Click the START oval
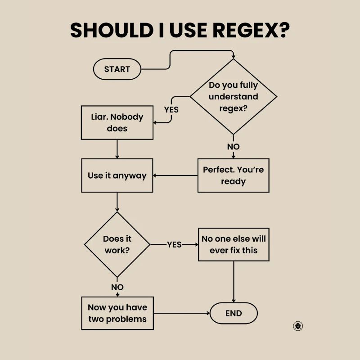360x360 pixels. pos(117,69)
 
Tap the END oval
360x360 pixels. pos(234,313)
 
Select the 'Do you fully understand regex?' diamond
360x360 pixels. pos(233,97)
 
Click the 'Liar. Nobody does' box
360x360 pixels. pos(117,122)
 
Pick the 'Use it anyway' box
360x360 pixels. pos(117,175)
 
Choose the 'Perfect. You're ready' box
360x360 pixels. pos(233,175)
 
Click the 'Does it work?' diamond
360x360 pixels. pos(117,244)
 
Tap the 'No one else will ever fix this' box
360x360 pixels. pos(234,244)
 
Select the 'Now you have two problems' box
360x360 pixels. pos(117,313)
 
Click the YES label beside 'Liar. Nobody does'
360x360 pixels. pos(171,109)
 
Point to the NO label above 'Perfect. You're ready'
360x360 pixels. pos(233,147)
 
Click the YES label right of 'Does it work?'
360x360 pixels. pos(174,244)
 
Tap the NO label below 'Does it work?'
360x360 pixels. pos(117,287)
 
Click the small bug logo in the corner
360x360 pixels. pos(297,326)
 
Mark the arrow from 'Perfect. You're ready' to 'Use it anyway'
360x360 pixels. pos(175,175)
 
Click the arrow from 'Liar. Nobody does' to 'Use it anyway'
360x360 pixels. pos(117,149)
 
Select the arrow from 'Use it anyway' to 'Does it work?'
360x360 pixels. pos(117,202)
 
